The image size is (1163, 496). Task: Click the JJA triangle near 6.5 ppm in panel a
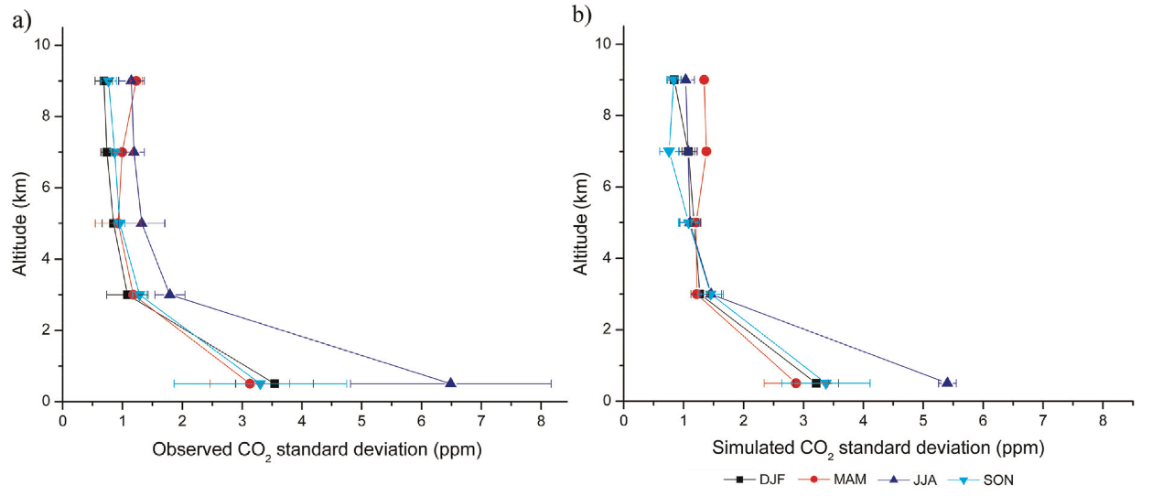[450, 383]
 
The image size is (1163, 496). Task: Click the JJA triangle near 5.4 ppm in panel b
[947, 382]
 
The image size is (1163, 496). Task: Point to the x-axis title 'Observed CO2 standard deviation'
[316, 449]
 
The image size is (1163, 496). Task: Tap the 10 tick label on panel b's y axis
[603, 44]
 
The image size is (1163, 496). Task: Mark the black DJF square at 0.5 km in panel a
[274, 383]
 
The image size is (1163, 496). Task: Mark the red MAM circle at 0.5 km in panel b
[796, 383]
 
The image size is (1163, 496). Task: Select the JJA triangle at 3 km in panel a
[169, 294]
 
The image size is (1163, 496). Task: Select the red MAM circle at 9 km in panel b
[704, 80]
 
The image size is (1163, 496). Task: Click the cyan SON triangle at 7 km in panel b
[668, 152]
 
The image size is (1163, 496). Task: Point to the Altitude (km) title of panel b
[582, 222]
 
